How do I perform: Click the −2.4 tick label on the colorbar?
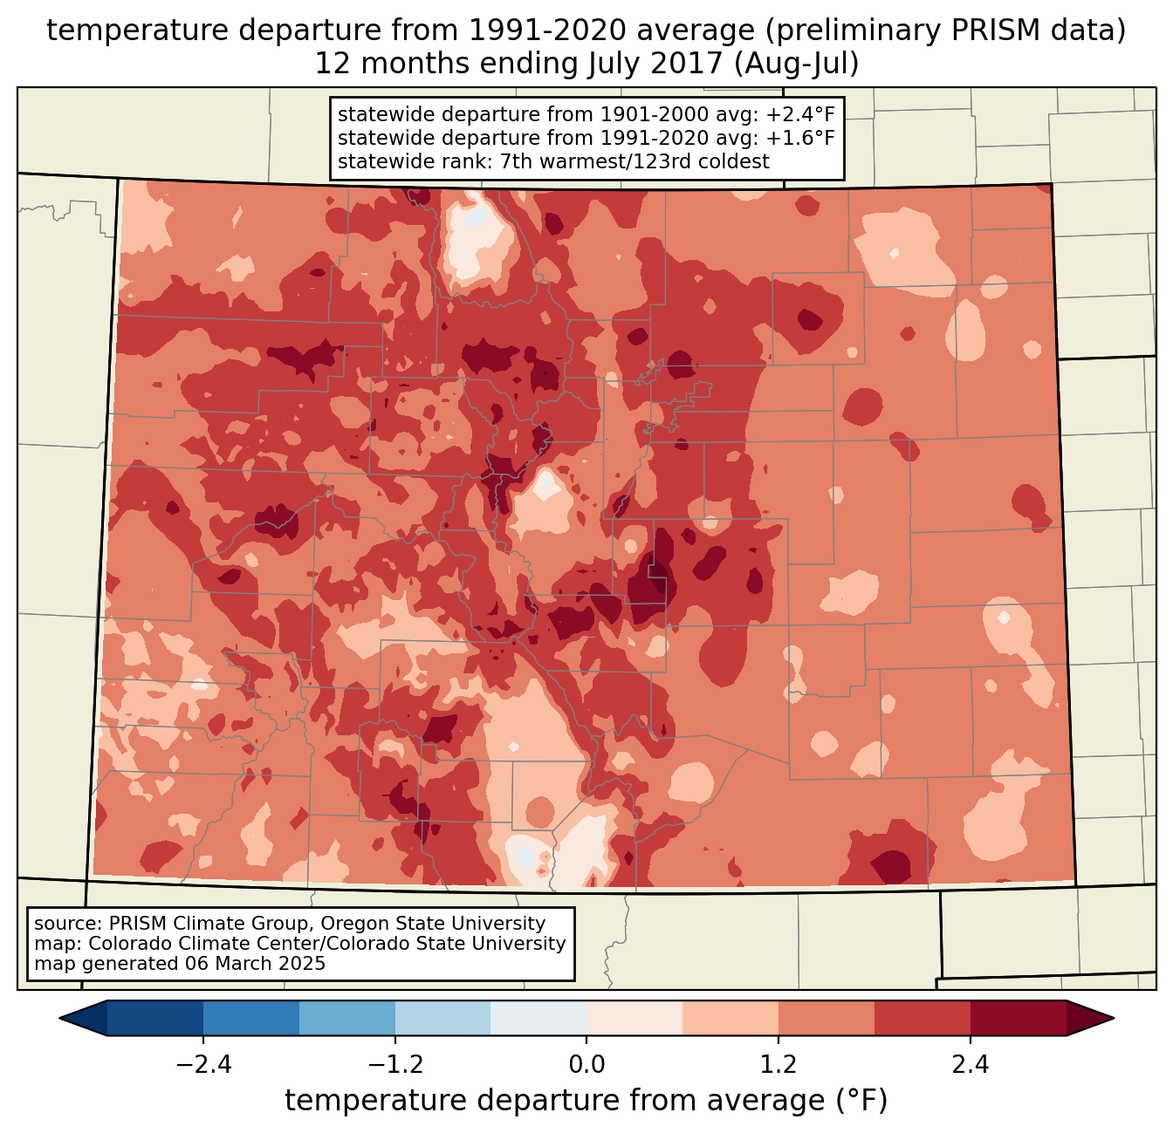tap(203, 1065)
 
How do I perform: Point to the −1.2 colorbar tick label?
tap(394, 1065)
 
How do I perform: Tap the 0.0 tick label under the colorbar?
tap(586, 1065)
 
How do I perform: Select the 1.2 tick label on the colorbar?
tap(779, 1065)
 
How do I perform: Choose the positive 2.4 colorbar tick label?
tap(970, 1065)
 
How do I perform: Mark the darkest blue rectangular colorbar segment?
tap(155, 1018)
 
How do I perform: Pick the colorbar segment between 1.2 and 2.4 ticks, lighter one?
tap(827, 1018)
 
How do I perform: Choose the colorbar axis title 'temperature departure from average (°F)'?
tap(586, 1101)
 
